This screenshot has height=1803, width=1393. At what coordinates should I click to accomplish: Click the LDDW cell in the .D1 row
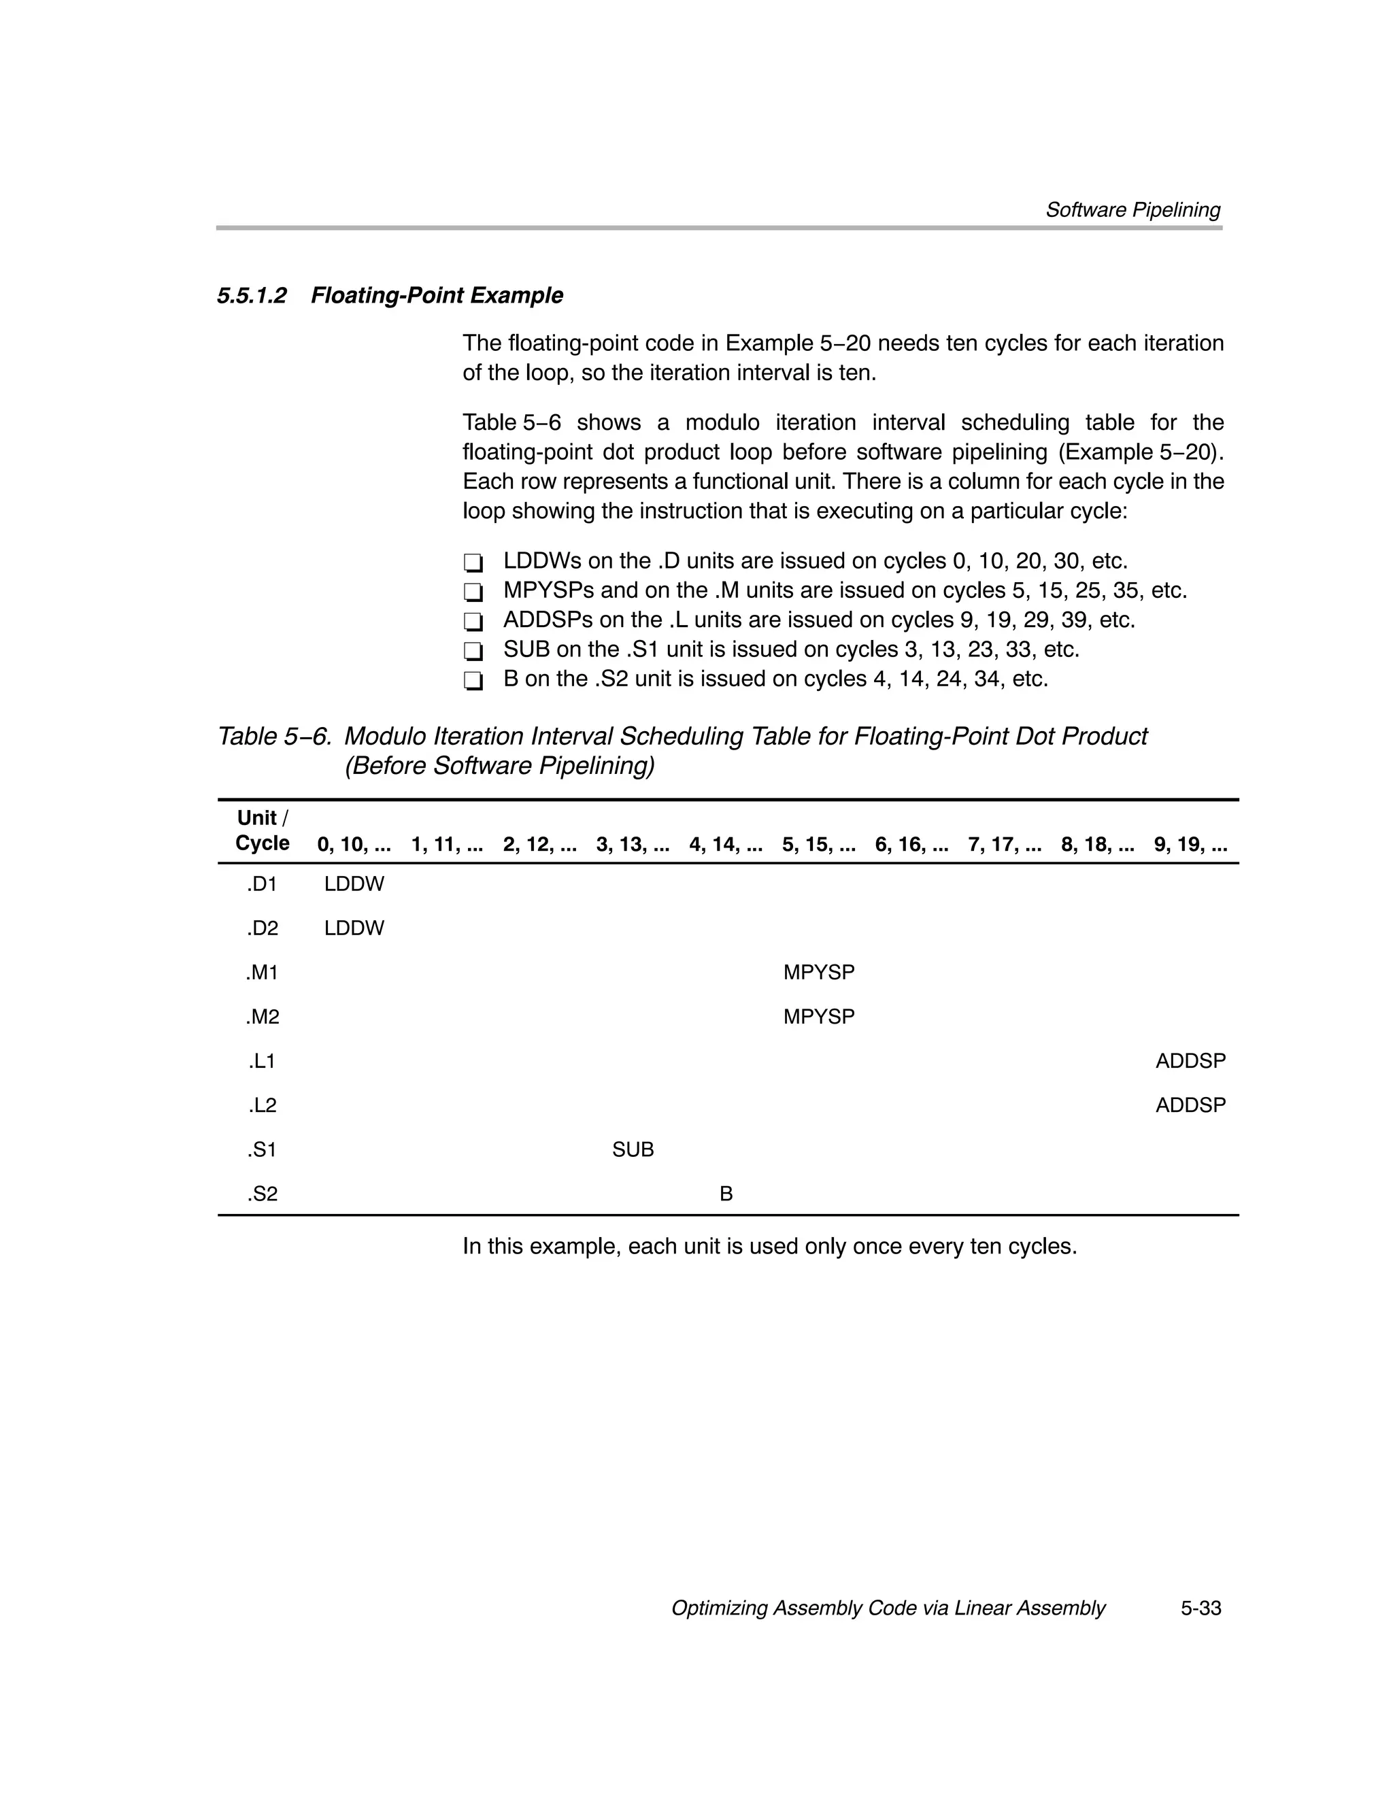354,884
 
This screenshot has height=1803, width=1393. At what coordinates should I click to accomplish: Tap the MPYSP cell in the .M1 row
818,973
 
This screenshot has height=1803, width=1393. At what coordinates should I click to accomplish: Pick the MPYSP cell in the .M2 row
818,1016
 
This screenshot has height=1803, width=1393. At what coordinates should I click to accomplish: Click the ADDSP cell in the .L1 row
1190,1061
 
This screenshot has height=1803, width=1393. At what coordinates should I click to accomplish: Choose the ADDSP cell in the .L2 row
1190,1105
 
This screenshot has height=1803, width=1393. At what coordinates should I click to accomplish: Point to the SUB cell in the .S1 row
633,1149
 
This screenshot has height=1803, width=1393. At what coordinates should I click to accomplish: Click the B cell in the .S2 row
726,1194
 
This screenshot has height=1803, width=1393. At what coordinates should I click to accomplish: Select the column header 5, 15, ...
818,845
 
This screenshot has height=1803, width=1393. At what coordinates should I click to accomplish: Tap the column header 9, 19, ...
1190,845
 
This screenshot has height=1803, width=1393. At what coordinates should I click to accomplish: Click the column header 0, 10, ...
354,845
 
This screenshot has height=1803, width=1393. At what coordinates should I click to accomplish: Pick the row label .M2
262,1016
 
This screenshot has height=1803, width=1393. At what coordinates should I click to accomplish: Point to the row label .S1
262,1149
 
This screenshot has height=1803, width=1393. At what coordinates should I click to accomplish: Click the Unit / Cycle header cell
262,830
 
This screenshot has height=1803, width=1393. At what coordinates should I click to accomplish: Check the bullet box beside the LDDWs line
473,563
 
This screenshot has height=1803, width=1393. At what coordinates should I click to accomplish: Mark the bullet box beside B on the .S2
473,681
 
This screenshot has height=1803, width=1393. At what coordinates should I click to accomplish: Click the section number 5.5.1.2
252,296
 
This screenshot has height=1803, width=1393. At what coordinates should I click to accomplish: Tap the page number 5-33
1200,1608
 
